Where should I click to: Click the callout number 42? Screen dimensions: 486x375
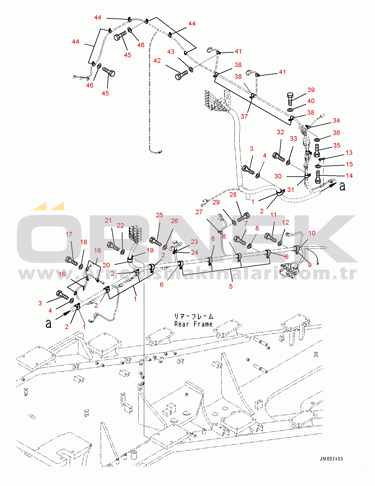[x=157, y=61]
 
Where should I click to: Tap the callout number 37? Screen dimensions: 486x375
[x=244, y=116]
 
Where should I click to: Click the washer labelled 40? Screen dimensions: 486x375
[x=291, y=110]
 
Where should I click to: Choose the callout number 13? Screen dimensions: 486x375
[x=349, y=153]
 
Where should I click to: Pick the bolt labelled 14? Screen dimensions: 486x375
[x=318, y=177]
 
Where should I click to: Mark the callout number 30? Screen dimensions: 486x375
[x=278, y=176]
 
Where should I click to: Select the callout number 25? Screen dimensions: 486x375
[x=159, y=215]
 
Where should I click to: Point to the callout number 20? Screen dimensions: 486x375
[x=106, y=265]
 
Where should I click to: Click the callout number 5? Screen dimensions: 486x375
[x=231, y=286]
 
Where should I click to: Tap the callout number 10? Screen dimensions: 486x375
[x=312, y=233]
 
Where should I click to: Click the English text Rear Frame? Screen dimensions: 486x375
[x=193, y=324]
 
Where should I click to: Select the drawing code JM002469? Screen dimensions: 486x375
[x=332, y=459]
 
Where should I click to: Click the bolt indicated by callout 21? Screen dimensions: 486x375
[x=113, y=246]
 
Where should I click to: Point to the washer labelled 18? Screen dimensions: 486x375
[x=81, y=266]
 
